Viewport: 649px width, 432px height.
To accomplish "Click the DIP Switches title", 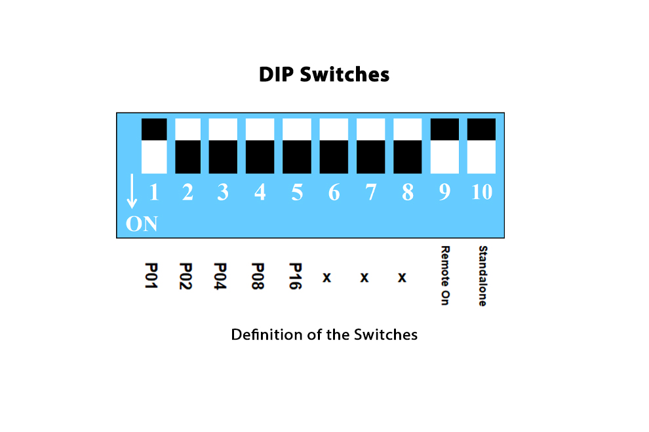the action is [x=324, y=75].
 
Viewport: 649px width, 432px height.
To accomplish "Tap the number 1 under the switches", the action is [x=154, y=192].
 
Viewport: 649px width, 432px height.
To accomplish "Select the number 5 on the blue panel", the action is [x=297, y=192].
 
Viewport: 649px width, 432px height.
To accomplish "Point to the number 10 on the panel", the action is [x=482, y=192].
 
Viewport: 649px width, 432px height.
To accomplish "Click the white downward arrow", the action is [x=132, y=191].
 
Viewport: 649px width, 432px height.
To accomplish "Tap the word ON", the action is [x=142, y=224].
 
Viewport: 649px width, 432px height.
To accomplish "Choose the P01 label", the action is [x=151, y=276].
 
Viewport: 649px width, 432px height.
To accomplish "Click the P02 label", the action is [x=186, y=276].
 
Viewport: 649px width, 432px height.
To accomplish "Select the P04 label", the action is [x=220, y=276].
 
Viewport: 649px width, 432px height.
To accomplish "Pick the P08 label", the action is [x=258, y=276].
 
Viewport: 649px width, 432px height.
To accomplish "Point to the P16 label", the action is [x=295, y=276].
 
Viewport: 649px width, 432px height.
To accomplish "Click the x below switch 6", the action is [x=327, y=278].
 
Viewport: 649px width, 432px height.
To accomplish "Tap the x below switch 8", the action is [x=402, y=278].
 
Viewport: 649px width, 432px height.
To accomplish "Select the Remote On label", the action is [x=445, y=276].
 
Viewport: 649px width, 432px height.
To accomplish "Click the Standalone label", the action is [x=482, y=276].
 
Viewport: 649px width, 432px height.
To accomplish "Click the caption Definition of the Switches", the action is [x=324, y=334].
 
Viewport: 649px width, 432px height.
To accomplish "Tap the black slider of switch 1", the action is [x=154, y=130].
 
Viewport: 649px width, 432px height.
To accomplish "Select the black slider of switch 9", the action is [x=444, y=130].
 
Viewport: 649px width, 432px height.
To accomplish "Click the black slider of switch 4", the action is [x=260, y=156].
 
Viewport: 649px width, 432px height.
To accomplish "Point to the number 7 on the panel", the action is [x=371, y=192].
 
